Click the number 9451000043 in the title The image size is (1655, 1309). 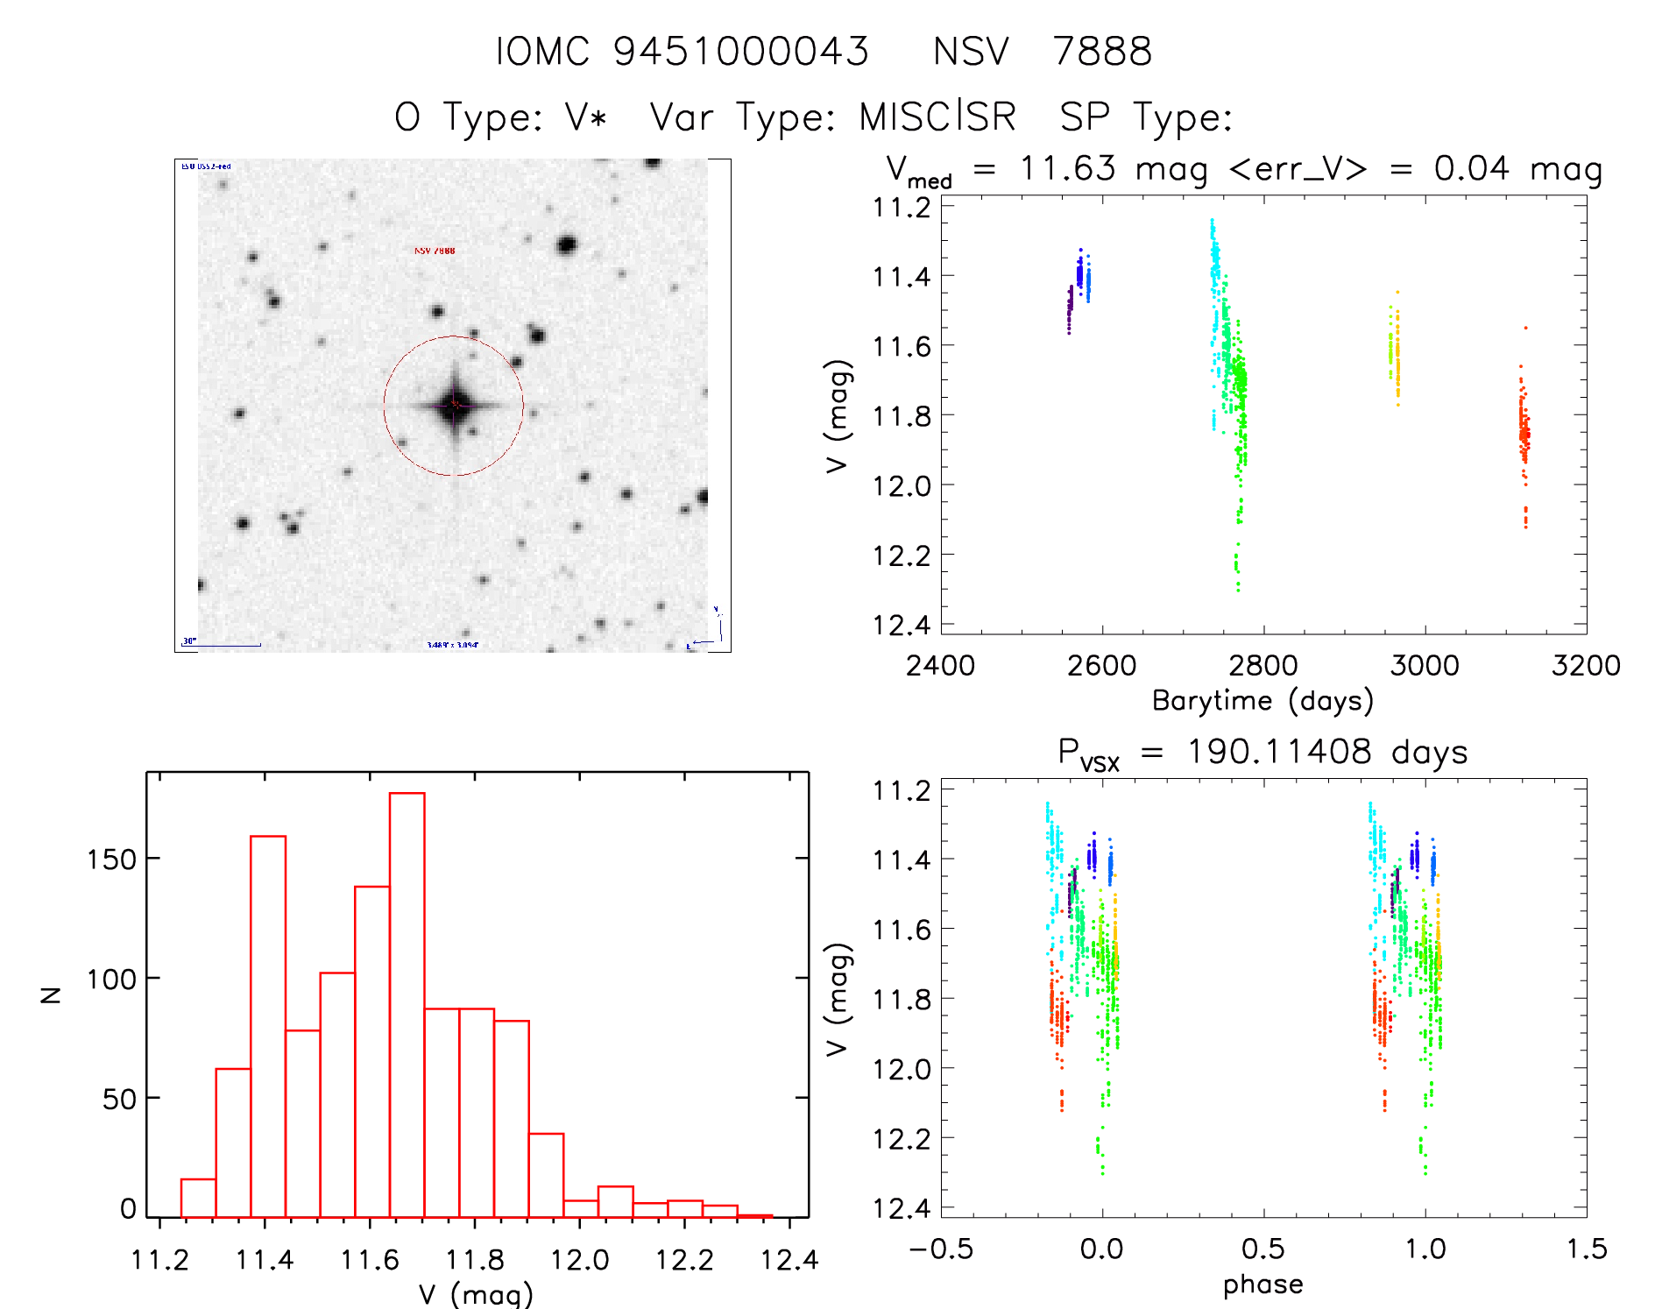tap(740, 52)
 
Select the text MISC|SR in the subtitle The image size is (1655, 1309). tap(937, 117)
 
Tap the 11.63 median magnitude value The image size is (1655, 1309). tap(1067, 168)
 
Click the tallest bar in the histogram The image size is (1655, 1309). tap(407, 1004)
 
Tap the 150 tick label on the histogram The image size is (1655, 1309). tap(111, 860)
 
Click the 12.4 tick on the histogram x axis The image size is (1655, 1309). tap(789, 1260)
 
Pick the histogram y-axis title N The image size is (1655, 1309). tap(51, 994)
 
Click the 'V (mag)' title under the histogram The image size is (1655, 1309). tap(476, 1294)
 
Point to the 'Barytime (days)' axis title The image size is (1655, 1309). tap(1262, 701)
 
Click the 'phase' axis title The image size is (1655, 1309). tap(1262, 1284)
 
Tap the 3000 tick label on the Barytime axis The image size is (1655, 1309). tap(1425, 665)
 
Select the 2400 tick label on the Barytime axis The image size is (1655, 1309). tap(940, 665)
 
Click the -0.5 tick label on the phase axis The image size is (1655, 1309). tap(940, 1249)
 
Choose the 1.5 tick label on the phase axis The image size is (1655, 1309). tap(1587, 1249)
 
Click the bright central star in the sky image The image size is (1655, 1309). tap(454, 405)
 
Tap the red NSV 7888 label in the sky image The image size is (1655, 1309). tap(435, 251)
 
